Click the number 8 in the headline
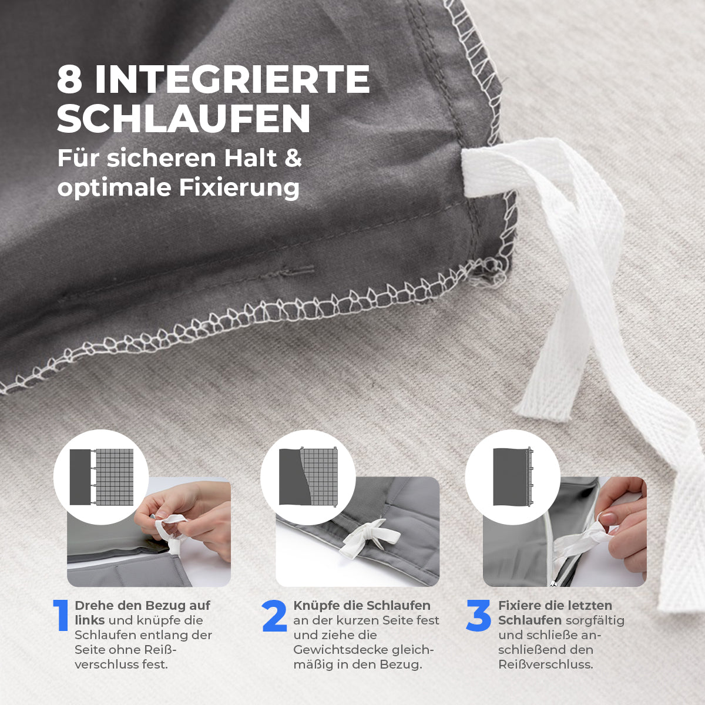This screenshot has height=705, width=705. pos(69,80)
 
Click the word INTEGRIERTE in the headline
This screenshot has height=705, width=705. pos(233,80)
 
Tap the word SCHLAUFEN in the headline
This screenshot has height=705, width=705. pos(183,119)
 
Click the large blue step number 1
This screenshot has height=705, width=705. pos(61,616)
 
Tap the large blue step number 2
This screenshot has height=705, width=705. pos(274,616)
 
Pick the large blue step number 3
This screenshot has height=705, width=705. pos(478,616)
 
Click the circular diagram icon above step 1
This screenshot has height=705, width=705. pos(101,477)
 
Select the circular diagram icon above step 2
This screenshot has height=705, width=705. pos(308,477)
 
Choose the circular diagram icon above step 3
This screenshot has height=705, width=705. pos(512,477)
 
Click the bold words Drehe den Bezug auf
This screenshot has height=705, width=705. pos(142,605)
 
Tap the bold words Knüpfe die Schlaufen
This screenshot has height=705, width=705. pos(362,605)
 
